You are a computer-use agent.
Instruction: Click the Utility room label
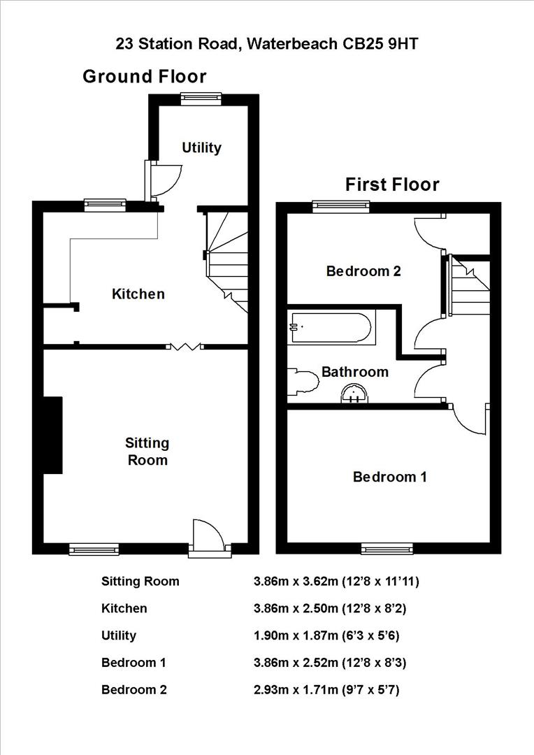tap(201, 148)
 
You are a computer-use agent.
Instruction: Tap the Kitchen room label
tap(138, 294)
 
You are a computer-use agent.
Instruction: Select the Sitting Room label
tap(147, 451)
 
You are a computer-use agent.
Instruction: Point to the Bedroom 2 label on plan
tap(363, 271)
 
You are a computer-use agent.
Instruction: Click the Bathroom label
tap(354, 371)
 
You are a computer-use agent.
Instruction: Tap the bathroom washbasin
tap(354, 396)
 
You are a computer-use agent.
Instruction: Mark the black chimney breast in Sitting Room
tap(53, 435)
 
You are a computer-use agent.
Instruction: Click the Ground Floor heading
tap(145, 76)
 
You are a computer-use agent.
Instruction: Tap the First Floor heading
tap(392, 185)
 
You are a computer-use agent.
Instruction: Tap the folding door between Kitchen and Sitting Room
tap(185, 346)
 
